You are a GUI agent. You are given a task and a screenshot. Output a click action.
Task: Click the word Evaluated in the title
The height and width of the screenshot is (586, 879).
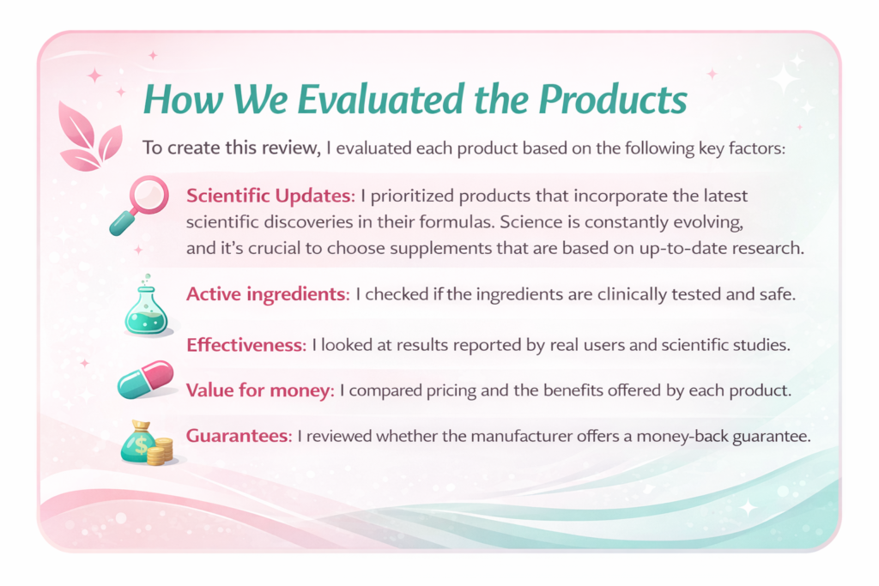point(380,100)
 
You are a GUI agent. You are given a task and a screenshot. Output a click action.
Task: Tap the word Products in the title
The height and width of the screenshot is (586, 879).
point(613,100)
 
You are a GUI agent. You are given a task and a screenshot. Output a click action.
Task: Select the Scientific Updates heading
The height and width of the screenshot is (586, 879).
point(270,196)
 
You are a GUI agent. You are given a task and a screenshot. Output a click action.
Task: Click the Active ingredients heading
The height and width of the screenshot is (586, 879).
point(268,294)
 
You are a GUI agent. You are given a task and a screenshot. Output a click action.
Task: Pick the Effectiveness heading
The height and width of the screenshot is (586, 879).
point(246,345)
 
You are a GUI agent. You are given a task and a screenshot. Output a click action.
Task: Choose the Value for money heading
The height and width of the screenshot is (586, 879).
point(260,390)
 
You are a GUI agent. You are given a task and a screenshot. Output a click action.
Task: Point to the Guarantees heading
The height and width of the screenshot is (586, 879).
point(239,435)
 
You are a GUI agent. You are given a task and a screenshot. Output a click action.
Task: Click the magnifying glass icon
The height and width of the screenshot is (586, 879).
point(139,205)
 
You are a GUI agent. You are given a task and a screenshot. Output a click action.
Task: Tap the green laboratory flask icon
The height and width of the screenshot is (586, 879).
point(146,305)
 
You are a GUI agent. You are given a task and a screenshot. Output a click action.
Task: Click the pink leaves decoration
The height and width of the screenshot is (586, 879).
point(89,136)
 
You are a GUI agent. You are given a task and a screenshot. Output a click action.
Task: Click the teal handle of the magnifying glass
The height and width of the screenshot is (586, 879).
point(123,224)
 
